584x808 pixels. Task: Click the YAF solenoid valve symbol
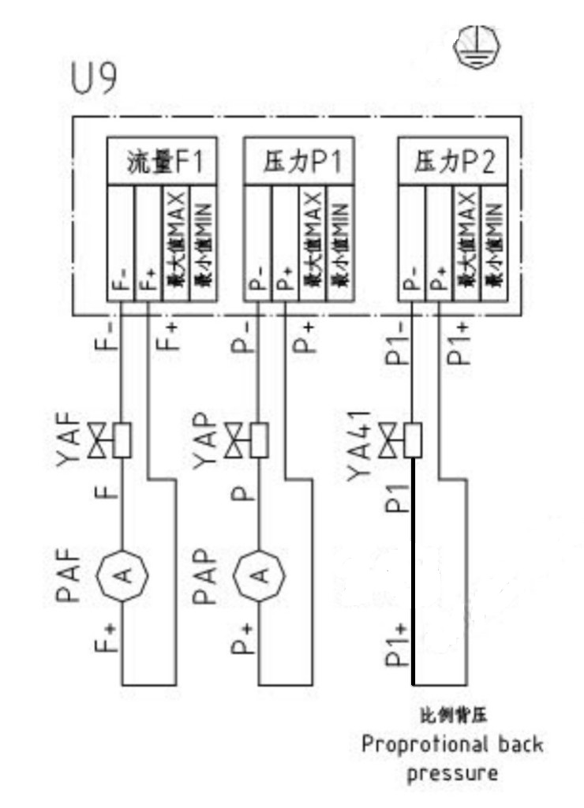pyautogui.click(x=111, y=440)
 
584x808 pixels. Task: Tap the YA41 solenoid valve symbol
pyautogui.click(x=401, y=440)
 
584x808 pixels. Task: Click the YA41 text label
pyautogui.click(x=359, y=448)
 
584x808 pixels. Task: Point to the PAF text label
pyautogui.click(x=69, y=574)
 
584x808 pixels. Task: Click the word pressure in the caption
pyautogui.click(x=452, y=772)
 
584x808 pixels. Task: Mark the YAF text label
pyautogui.click(x=69, y=440)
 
